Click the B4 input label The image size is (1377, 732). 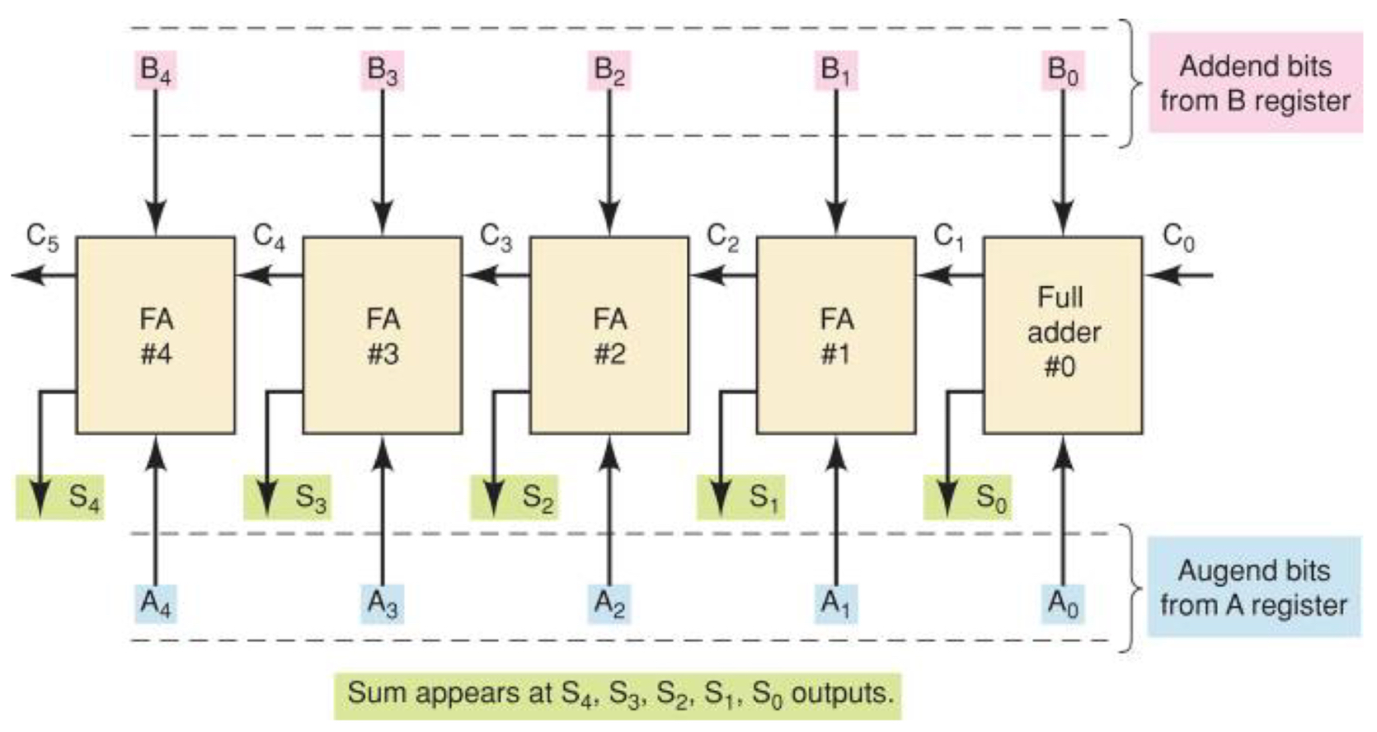[156, 70]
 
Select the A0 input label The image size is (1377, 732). [1062, 604]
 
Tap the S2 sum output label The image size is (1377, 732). [537, 497]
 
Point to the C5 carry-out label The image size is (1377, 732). [42, 237]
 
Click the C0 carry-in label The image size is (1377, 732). [1178, 237]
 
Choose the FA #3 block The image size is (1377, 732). [383, 335]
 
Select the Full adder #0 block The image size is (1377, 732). [1063, 335]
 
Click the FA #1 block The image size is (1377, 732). [836, 335]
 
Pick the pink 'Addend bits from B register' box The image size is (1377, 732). [1255, 83]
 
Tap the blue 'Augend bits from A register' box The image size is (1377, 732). [1254, 587]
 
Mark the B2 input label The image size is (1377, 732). [609, 70]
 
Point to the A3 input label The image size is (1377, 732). [382, 604]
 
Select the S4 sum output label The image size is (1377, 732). [83, 497]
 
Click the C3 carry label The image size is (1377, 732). [496, 237]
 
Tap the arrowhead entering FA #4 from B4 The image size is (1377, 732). [156, 224]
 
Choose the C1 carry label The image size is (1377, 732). [949, 237]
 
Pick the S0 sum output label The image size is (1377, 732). [990, 497]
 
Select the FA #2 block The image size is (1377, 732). [609, 335]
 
